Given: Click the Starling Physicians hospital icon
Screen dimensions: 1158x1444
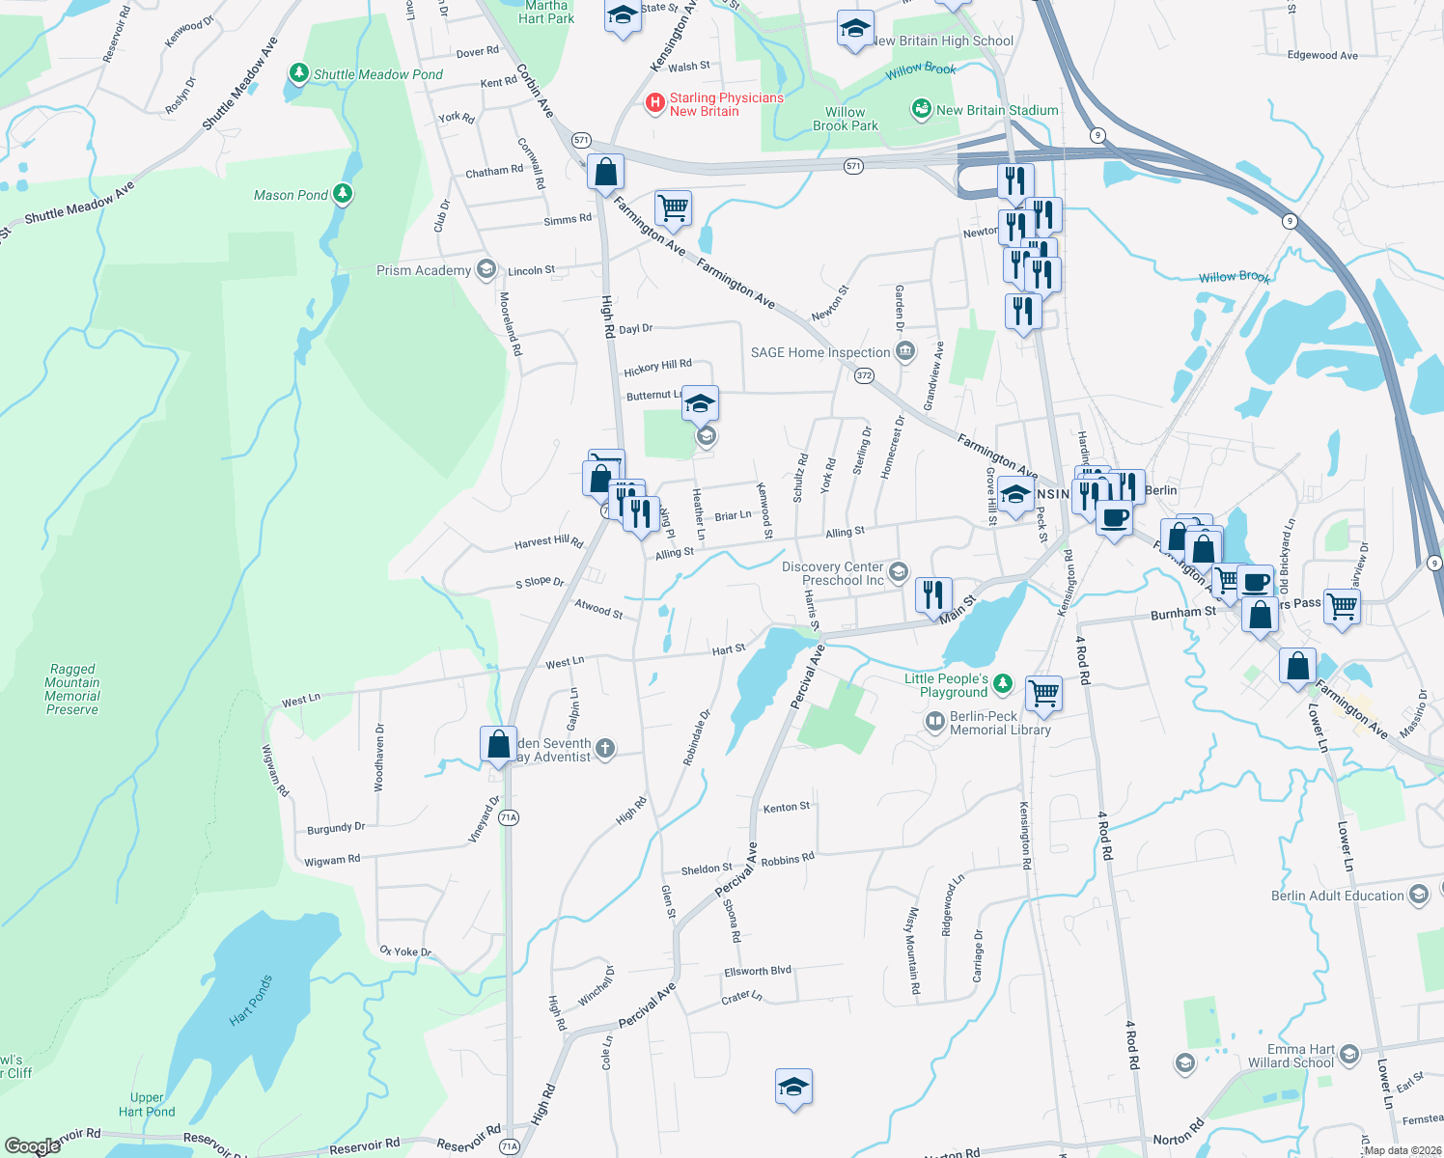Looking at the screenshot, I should point(655,102).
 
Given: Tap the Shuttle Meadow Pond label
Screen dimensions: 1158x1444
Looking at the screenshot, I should point(377,74).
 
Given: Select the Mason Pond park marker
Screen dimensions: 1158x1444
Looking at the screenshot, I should point(343,194).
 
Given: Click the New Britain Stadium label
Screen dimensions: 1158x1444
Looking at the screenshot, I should point(997,110).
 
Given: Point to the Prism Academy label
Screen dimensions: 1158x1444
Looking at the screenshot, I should point(424,270).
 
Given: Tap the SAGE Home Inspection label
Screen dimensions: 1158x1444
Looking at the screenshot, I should point(820,352).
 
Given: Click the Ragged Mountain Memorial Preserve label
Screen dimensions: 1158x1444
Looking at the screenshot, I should point(72,689).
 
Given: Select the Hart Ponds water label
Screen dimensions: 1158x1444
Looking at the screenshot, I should point(251,999).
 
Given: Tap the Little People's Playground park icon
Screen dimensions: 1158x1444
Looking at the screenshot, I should point(1004,684).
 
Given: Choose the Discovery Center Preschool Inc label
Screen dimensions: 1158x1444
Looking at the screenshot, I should point(833,573).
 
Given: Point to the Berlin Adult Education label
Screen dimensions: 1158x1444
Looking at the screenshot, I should point(1337,896).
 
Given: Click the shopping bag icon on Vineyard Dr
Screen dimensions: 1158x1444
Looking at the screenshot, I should point(498,744).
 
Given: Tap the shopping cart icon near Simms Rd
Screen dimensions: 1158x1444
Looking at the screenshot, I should point(673,207).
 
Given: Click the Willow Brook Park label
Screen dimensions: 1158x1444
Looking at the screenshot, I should point(846,119).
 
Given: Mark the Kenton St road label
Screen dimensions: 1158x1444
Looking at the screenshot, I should point(787,807).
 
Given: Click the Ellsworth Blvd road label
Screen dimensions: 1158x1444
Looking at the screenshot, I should point(758,971).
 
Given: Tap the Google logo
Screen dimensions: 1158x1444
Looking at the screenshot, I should point(32,1146).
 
